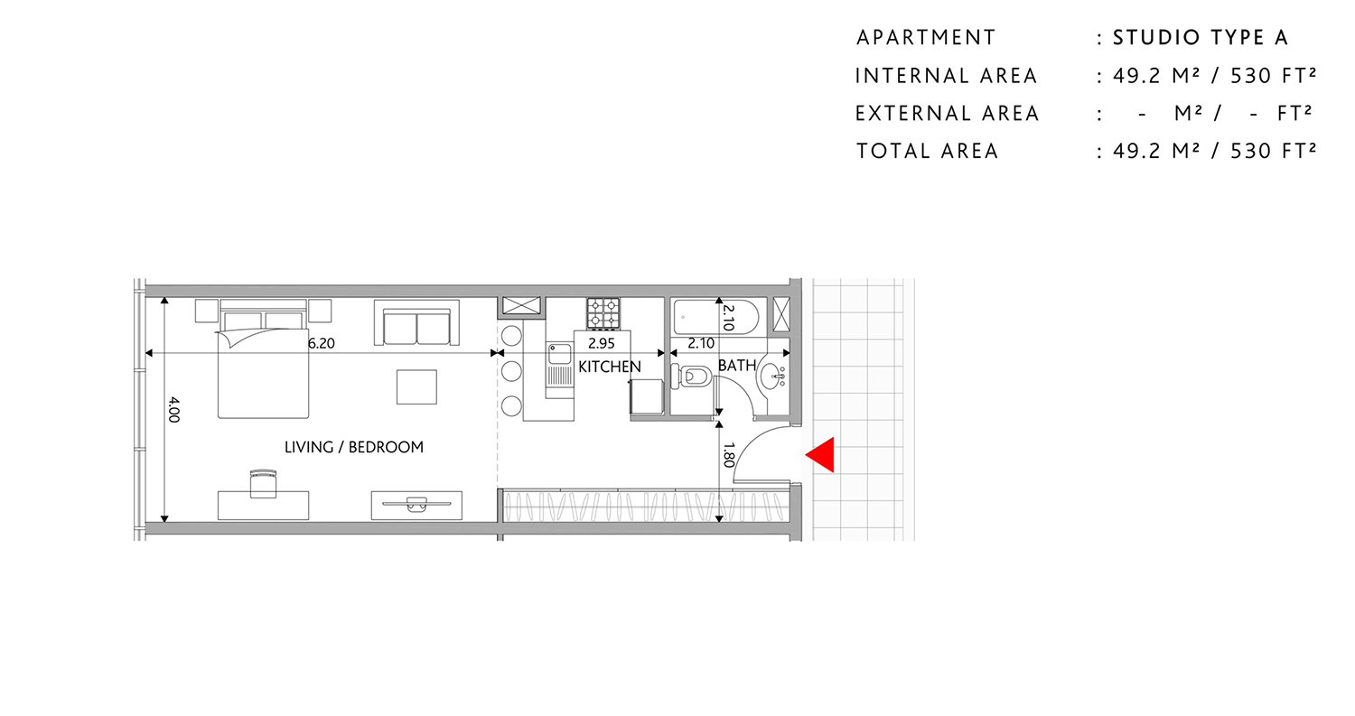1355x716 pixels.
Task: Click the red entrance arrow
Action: (x=820, y=455)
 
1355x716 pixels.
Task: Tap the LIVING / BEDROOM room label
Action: (x=353, y=447)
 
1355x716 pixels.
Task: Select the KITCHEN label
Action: (x=610, y=367)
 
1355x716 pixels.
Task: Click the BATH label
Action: (x=736, y=365)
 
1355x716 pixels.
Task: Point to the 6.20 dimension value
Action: (x=321, y=343)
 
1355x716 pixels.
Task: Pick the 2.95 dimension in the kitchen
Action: (x=601, y=343)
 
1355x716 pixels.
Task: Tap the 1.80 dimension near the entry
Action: (x=729, y=453)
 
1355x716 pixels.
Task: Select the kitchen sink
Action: (x=559, y=353)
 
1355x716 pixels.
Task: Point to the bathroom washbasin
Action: (x=771, y=376)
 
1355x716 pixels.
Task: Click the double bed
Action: (x=263, y=366)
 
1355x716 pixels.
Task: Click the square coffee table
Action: (x=416, y=386)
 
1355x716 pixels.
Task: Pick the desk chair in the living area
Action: (x=262, y=483)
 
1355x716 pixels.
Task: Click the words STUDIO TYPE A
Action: (x=1200, y=38)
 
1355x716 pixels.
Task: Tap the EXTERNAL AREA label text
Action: (x=947, y=114)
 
